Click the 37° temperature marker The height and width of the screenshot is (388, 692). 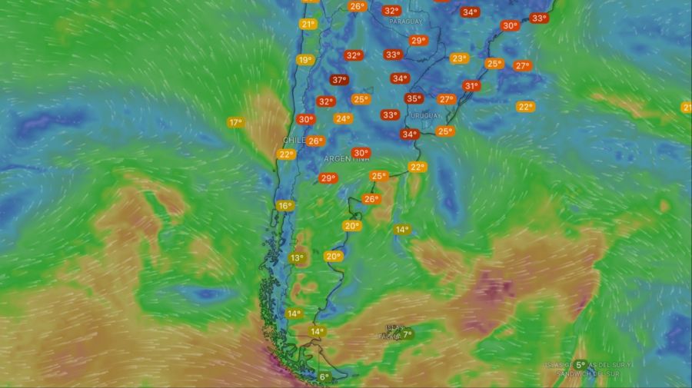(x=339, y=80)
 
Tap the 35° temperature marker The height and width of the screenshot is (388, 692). (x=414, y=98)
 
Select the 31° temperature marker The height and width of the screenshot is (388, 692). (x=471, y=86)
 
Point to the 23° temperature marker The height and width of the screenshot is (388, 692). (x=460, y=58)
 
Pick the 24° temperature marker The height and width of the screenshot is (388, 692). (x=343, y=118)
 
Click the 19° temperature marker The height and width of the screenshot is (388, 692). (x=305, y=60)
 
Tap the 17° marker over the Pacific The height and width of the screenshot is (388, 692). (x=235, y=122)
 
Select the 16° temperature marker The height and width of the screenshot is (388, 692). (x=284, y=206)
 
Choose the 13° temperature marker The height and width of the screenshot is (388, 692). (x=297, y=258)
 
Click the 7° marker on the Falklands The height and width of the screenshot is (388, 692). (x=408, y=334)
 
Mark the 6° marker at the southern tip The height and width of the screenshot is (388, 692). (x=324, y=377)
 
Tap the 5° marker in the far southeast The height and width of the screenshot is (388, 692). (x=581, y=365)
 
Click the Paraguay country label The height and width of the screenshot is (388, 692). (x=405, y=22)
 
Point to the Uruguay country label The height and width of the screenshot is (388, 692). (x=426, y=115)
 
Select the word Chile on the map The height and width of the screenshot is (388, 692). (x=294, y=141)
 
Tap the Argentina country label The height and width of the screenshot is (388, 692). (x=346, y=159)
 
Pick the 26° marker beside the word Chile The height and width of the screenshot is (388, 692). (x=315, y=141)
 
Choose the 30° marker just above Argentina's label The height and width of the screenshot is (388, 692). (x=360, y=153)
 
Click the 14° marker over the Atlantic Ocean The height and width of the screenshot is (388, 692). (x=401, y=230)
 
